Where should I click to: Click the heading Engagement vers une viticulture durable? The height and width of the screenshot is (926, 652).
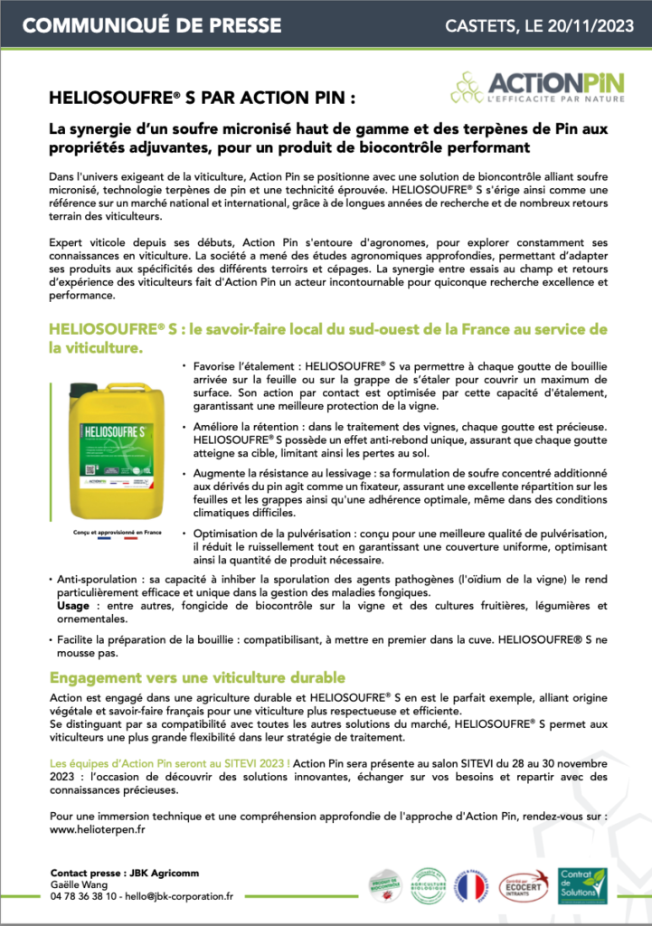point(196,677)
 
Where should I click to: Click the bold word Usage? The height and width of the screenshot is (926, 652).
point(73,604)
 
